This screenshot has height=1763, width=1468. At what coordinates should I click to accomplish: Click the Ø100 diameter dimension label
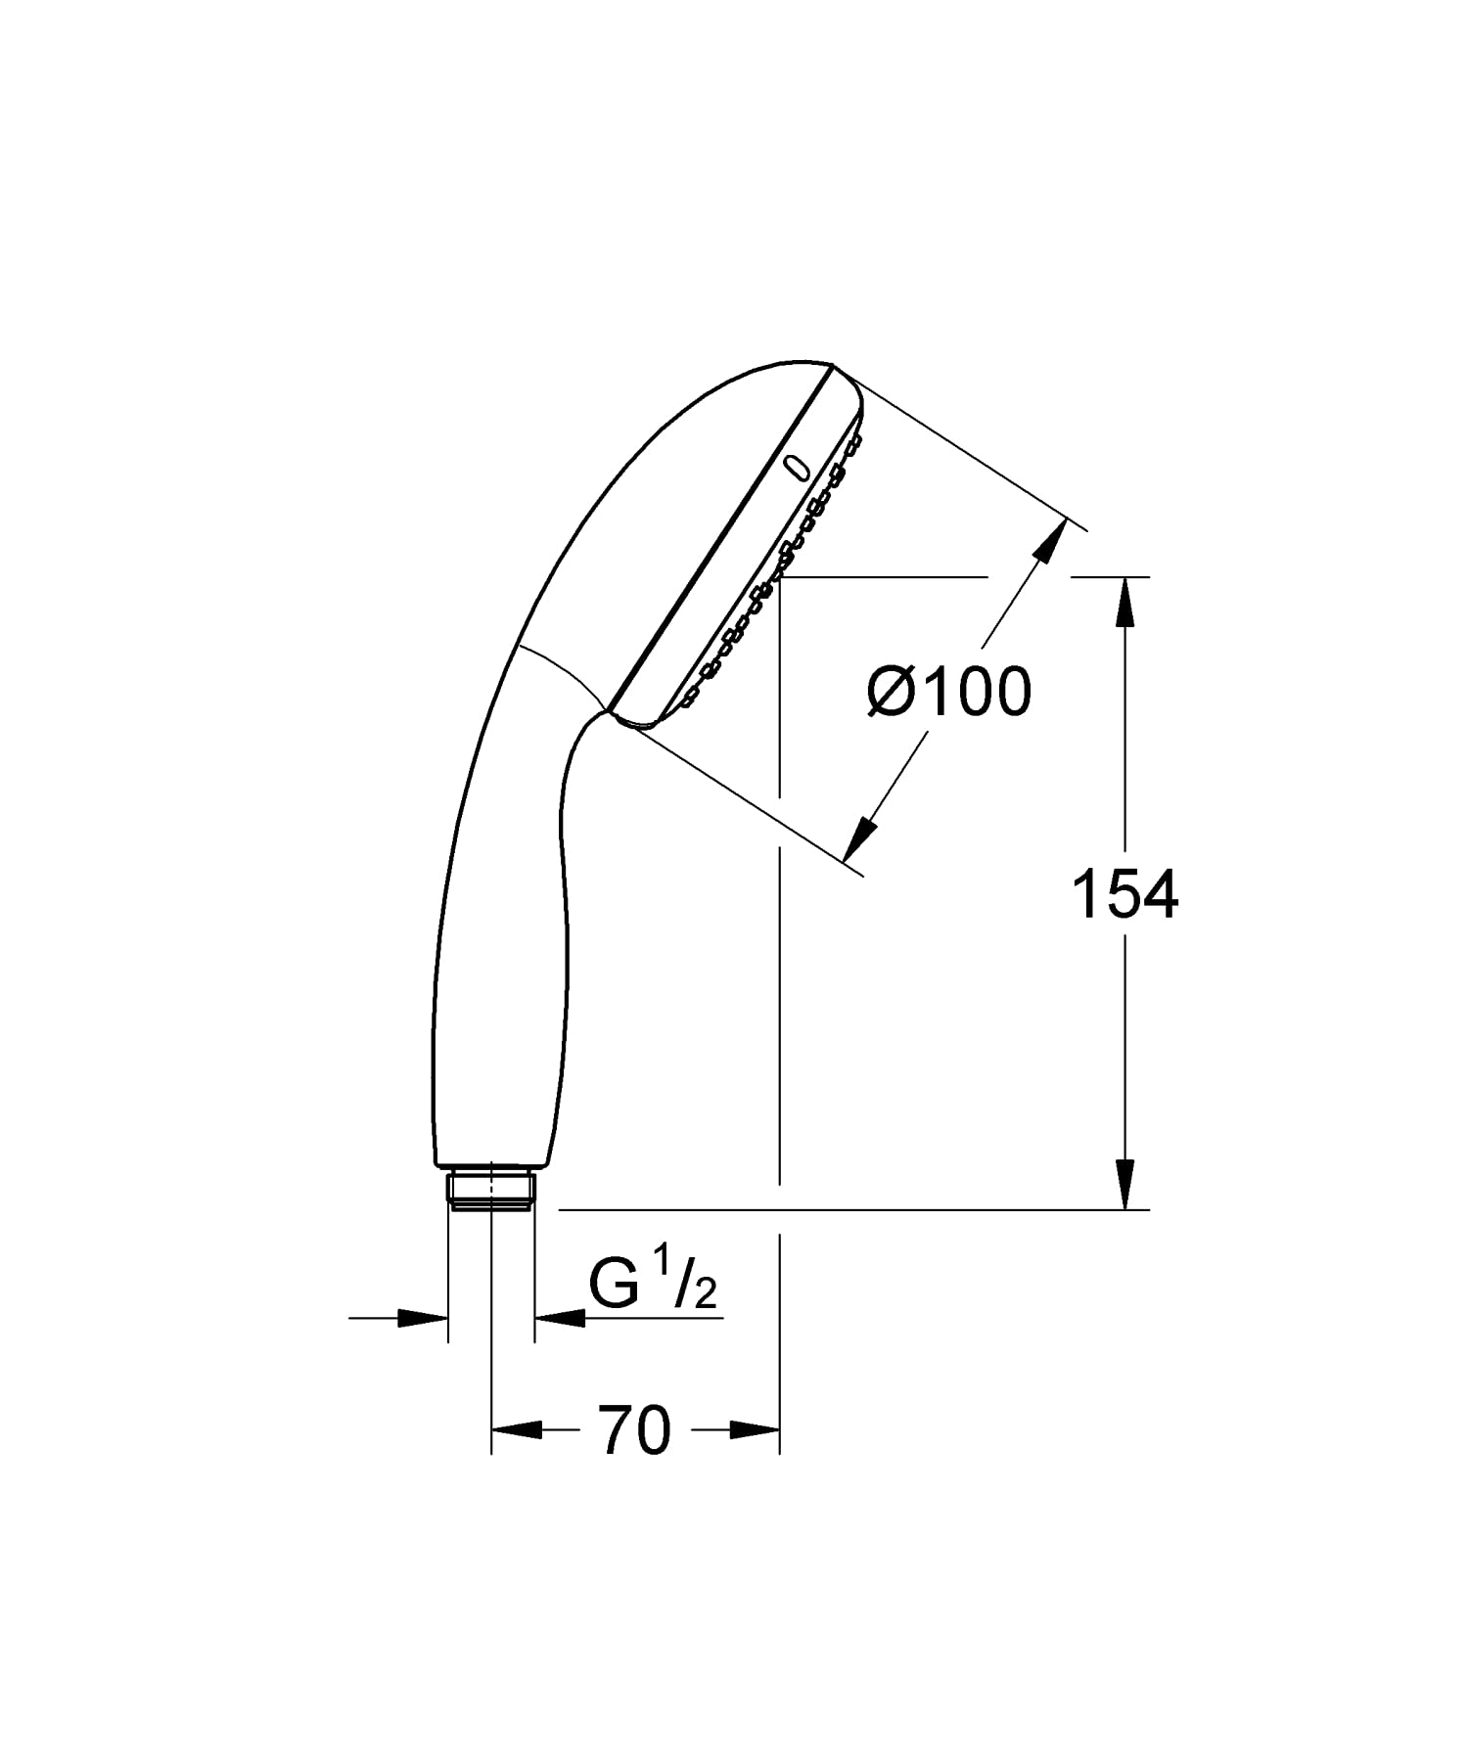949,692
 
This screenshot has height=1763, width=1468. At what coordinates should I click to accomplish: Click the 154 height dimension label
1125,893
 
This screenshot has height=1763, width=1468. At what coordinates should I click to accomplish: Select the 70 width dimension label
635,1430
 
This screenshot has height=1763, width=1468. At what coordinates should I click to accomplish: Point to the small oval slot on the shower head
798,469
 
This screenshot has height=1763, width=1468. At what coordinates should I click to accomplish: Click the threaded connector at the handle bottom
491,1188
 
